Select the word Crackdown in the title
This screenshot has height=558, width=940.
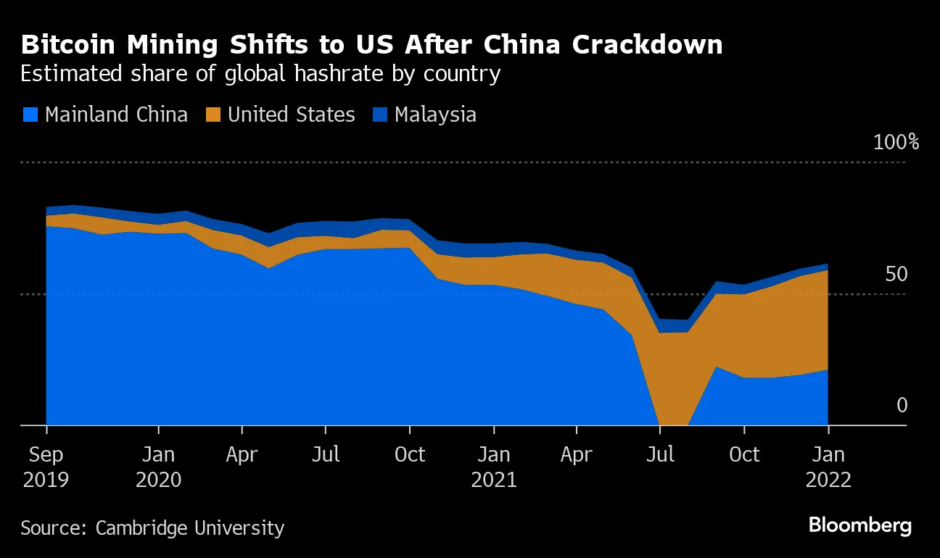tap(647, 45)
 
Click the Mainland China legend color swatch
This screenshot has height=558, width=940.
tap(30, 114)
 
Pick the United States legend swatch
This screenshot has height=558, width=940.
tap(213, 114)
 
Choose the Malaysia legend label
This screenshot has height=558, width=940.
tap(435, 114)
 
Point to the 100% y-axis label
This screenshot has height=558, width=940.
tap(896, 142)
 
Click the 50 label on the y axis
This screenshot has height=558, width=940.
tap(896, 274)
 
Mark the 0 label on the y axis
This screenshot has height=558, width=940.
tap(902, 405)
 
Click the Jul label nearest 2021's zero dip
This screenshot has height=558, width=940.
tap(660, 454)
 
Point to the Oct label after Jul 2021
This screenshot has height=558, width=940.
tap(743, 454)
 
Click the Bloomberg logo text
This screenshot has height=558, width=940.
tap(859, 525)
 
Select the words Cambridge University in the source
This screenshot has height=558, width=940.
tap(190, 528)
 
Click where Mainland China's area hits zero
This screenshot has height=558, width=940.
tap(673, 424)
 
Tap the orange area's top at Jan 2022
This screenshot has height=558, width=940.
tap(828, 270)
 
